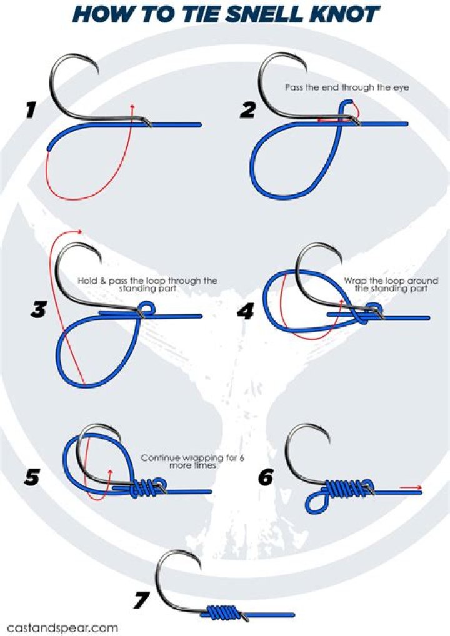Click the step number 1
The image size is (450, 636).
(31, 111)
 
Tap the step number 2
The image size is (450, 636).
(248, 111)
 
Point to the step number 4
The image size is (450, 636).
(246, 312)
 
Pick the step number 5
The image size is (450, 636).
(32, 477)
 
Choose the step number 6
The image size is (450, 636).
(266, 477)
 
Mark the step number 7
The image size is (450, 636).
(142, 600)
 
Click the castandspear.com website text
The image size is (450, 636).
(63, 627)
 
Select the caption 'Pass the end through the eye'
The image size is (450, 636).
(347, 87)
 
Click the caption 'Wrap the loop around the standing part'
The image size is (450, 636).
(391, 284)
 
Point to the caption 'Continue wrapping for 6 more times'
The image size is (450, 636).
(192, 462)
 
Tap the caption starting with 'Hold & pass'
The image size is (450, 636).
(147, 284)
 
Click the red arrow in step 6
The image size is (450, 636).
(411, 487)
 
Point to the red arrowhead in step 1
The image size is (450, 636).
(132, 106)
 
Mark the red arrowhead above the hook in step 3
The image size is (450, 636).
(80, 231)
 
